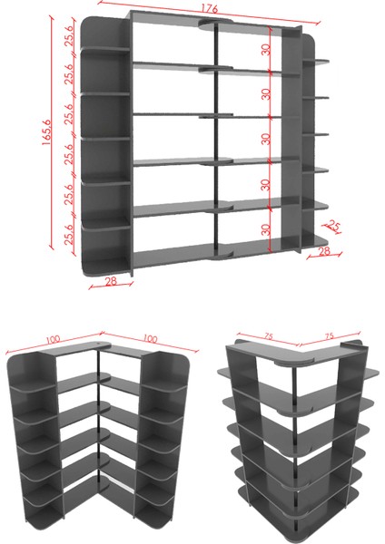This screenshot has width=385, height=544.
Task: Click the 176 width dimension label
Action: (209, 9)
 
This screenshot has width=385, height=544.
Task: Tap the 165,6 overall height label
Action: (47, 131)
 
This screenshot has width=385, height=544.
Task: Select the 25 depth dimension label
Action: (332, 226)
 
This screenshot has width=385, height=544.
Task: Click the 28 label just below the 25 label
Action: (324, 251)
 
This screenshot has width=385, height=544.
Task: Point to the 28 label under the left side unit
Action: (111, 281)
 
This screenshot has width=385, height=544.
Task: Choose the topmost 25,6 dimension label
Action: (69, 36)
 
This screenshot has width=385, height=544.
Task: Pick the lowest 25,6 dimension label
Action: (69, 235)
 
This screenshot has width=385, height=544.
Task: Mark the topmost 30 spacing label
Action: (266, 50)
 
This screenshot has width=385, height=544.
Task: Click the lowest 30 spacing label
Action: (266, 229)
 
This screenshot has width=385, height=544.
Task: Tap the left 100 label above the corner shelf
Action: (53, 339)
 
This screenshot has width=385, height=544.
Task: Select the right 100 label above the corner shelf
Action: (150, 338)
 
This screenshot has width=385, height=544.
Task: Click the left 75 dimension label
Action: (269, 335)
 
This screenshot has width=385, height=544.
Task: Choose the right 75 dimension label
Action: (330, 335)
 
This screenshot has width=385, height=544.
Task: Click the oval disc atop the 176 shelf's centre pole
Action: (215, 23)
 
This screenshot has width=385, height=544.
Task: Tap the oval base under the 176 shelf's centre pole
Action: (220, 256)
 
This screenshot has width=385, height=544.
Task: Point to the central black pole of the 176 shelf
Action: (216, 139)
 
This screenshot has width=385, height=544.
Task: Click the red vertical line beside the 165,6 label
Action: (52, 131)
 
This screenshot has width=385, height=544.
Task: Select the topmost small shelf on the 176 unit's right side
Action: (315, 62)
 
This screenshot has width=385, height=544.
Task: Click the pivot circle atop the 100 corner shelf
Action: (104, 345)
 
